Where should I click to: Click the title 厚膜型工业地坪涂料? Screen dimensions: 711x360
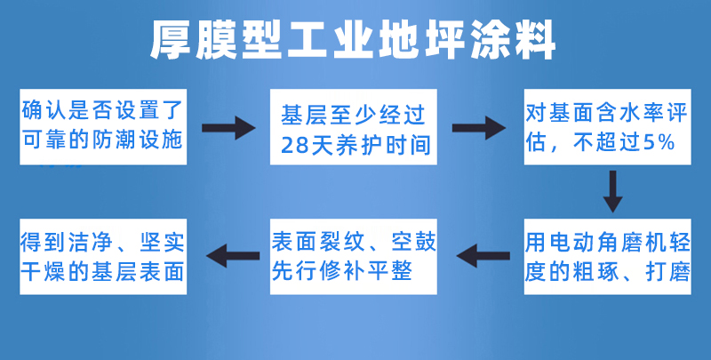[x=353, y=40]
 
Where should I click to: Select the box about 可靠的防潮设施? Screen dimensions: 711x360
[x=103, y=127]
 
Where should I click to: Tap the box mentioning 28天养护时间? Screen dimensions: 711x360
[x=354, y=127]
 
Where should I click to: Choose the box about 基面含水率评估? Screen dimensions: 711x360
[x=608, y=127]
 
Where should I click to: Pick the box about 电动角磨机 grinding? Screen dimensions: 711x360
[x=608, y=257]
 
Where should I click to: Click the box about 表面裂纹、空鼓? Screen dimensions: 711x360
[x=354, y=257]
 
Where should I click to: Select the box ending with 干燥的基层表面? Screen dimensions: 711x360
[x=103, y=257]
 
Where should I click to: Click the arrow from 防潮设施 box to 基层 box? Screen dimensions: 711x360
[x=228, y=128]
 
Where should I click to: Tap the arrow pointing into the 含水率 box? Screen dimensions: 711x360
[x=479, y=128]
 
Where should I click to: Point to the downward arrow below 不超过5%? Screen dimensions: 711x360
[x=612, y=191]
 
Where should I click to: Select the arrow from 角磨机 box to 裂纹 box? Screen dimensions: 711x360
[x=483, y=256]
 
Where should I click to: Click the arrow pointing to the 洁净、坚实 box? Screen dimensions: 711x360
[x=233, y=256]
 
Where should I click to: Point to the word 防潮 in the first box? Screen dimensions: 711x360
[x=118, y=140]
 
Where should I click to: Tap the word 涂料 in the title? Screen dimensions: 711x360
[x=513, y=40]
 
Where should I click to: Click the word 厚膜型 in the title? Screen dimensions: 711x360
[x=215, y=40]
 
